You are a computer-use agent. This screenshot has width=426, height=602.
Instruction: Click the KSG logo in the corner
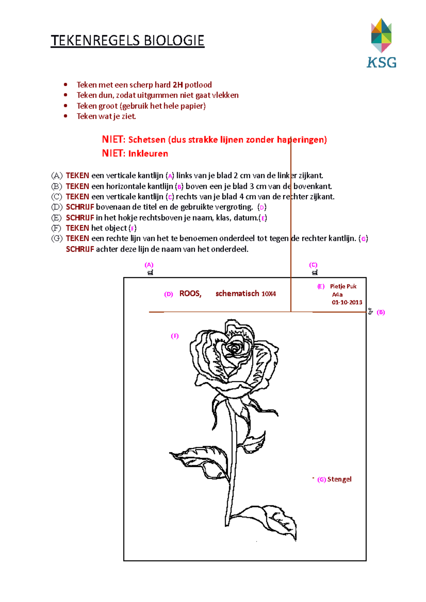[x=381, y=43]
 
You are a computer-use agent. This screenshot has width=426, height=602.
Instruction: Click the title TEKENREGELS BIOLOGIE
[x=127, y=41]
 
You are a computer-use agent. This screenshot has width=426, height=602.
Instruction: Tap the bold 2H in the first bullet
[x=177, y=85]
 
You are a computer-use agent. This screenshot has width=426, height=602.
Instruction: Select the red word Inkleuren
[x=148, y=154]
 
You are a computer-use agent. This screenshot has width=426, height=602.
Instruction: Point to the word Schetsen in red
[x=147, y=140]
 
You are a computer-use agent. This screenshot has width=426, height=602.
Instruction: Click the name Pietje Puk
[x=343, y=286]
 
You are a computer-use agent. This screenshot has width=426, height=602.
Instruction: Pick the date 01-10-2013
[x=347, y=302]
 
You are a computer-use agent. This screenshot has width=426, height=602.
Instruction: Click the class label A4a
[x=337, y=295]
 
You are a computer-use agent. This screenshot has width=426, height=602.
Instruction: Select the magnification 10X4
[x=268, y=294]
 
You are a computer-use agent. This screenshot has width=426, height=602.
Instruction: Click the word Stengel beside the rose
[x=339, y=479]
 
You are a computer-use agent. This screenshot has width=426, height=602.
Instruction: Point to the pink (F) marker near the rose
[x=175, y=336]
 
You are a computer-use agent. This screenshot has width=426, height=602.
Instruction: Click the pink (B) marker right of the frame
[x=381, y=312]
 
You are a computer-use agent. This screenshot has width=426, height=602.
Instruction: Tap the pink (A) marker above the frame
[x=149, y=265]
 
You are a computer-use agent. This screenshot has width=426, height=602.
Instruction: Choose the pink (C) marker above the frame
[x=313, y=265]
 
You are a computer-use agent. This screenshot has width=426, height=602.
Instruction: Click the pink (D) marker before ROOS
[x=168, y=294]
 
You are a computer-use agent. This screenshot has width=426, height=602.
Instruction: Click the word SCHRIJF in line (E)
[x=80, y=218]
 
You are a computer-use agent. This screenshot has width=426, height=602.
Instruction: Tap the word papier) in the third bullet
[x=195, y=106]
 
